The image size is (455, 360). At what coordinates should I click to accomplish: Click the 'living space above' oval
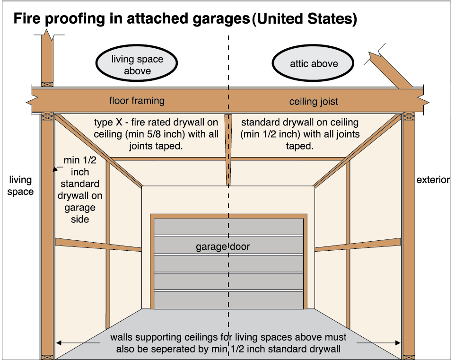(x=137, y=65)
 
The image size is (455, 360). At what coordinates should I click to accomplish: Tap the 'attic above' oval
(x=314, y=63)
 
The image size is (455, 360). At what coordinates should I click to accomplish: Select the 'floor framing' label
(x=137, y=100)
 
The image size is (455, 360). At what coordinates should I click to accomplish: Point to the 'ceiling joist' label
(x=314, y=102)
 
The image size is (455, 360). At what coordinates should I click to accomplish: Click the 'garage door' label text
(x=223, y=247)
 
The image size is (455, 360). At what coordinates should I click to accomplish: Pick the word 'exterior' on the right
(x=433, y=180)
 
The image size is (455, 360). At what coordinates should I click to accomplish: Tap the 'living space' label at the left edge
(x=20, y=185)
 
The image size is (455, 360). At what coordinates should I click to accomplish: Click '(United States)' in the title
(x=304, y=19)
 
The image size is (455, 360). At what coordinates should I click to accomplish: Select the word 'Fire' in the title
(x=27, y=19)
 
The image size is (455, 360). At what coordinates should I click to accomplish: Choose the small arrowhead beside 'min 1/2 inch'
(x=56, y=168)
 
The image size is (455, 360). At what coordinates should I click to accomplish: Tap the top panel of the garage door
(x=228, y=226)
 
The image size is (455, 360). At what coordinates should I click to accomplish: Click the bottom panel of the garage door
(x=228, y=299)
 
